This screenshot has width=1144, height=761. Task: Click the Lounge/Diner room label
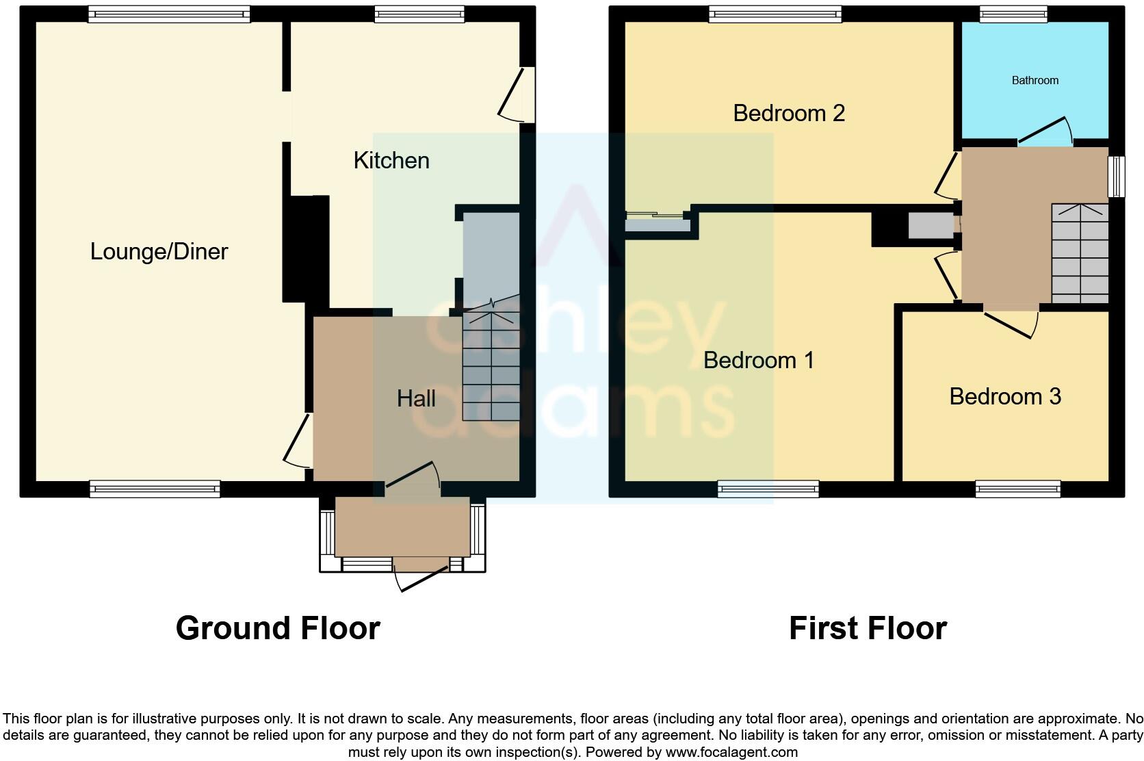pyautogui.click(x=159, y=252)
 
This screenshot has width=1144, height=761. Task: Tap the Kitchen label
pyautogui.click(x=391, y=161)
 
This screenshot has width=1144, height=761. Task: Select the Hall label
pyautogui.click(x=416, y=399)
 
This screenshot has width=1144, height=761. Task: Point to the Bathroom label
pyautogui.click(x=1035, y=81)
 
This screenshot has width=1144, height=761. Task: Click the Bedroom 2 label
pyautogui.click(x=789, y=114)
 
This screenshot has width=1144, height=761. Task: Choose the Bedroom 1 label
pyautogui.click(x=759, y=361)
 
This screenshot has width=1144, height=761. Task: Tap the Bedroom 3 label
pyautogui.click(x=1005, y=397)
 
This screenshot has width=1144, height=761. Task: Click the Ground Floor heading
pyautogui.click(x=278, y=628)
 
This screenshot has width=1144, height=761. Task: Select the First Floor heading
pyautogui.click(x=868, y=628)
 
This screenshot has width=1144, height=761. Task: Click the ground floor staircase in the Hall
pyautogui.click(x=491, y=366)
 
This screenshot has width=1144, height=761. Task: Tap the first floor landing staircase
pyautogui.click(x=1080, y=253)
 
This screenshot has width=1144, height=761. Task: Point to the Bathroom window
pyautogui.click(x=1013, y=14)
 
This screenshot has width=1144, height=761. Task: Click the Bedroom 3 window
pyautogui.click(x=1018, y=489)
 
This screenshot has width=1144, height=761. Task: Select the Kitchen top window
pyautogui.click(x=419, y=14)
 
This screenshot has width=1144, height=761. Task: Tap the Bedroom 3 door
pyautogui.click(x=1011, y=322)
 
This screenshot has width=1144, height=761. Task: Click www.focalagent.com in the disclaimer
pyautogui.click(x=731, y=752)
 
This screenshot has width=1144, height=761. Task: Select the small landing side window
pyautogui.click(x=1116, y=177)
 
